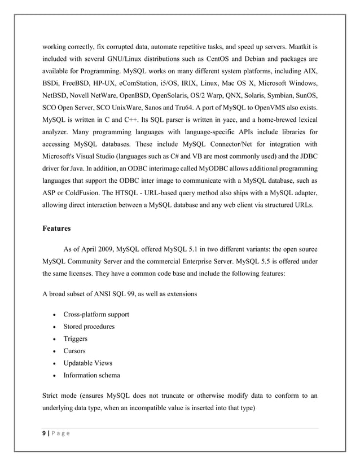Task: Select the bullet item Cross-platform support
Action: pyautogui.click(x=96, y=314)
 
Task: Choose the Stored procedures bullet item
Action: pyautogui.click(x=89, y=327)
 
